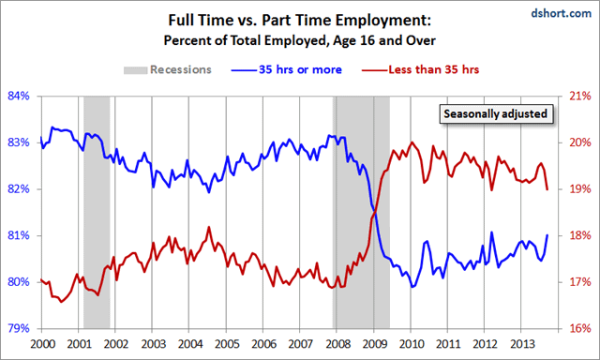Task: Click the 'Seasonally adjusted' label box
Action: click(x=495, y=113)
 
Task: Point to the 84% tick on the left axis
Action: click(x=20, y=97)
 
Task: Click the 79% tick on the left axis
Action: click(x=20, y=328)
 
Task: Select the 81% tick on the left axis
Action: click(x=20, y=235)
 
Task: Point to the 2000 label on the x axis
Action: click(x=42, y=344)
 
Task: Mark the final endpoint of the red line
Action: click(x=547, y=189)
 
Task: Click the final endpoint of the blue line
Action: click(x=547, y=234)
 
